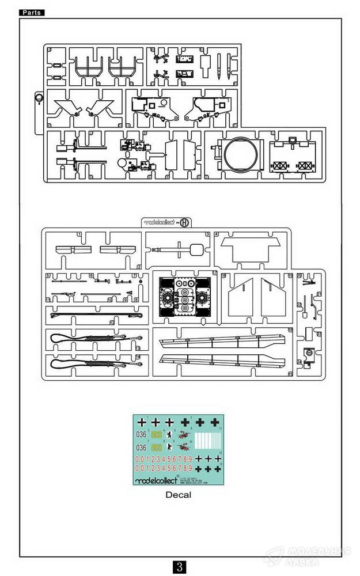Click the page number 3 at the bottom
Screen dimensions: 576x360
click(x=180, y=566)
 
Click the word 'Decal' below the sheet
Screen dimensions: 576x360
click(x=178, y=494)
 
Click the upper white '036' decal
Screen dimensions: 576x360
click(x=140, y=435)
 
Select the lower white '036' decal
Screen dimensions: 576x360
click(x=140, y=448)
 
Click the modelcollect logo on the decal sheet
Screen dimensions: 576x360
click(x=150, y=479)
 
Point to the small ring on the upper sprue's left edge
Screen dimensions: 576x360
click(x=39, y=98)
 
